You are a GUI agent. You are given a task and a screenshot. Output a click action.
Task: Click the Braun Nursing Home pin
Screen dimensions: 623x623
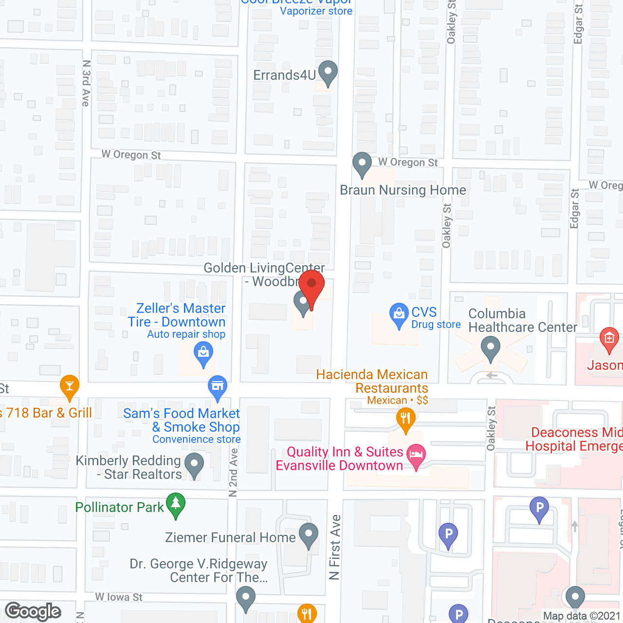362,164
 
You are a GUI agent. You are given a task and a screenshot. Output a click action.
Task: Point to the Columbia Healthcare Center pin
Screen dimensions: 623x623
490,348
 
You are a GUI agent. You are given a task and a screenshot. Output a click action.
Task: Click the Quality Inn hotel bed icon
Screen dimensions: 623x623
416,456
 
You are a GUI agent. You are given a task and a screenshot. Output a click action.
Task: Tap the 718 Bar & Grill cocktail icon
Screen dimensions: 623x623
70,386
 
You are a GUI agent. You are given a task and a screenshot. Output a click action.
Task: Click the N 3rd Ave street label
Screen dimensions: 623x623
86,83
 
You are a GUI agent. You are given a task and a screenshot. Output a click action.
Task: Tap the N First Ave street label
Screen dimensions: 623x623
334,547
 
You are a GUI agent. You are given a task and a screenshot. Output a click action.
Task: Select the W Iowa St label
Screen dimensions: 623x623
119,597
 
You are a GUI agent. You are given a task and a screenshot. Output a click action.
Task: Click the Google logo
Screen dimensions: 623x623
33,611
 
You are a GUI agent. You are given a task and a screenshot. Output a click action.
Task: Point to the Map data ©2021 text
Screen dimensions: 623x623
581,616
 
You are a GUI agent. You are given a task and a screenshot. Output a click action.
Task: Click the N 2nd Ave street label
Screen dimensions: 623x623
234,472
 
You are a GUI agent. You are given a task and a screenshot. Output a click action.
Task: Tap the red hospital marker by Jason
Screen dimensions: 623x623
609,339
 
